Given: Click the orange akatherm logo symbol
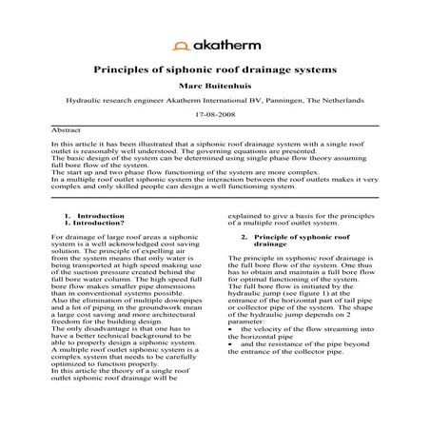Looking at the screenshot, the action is point(179,44).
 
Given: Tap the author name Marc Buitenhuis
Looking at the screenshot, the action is point(215,86).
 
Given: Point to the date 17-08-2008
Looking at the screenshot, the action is point(215,112).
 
